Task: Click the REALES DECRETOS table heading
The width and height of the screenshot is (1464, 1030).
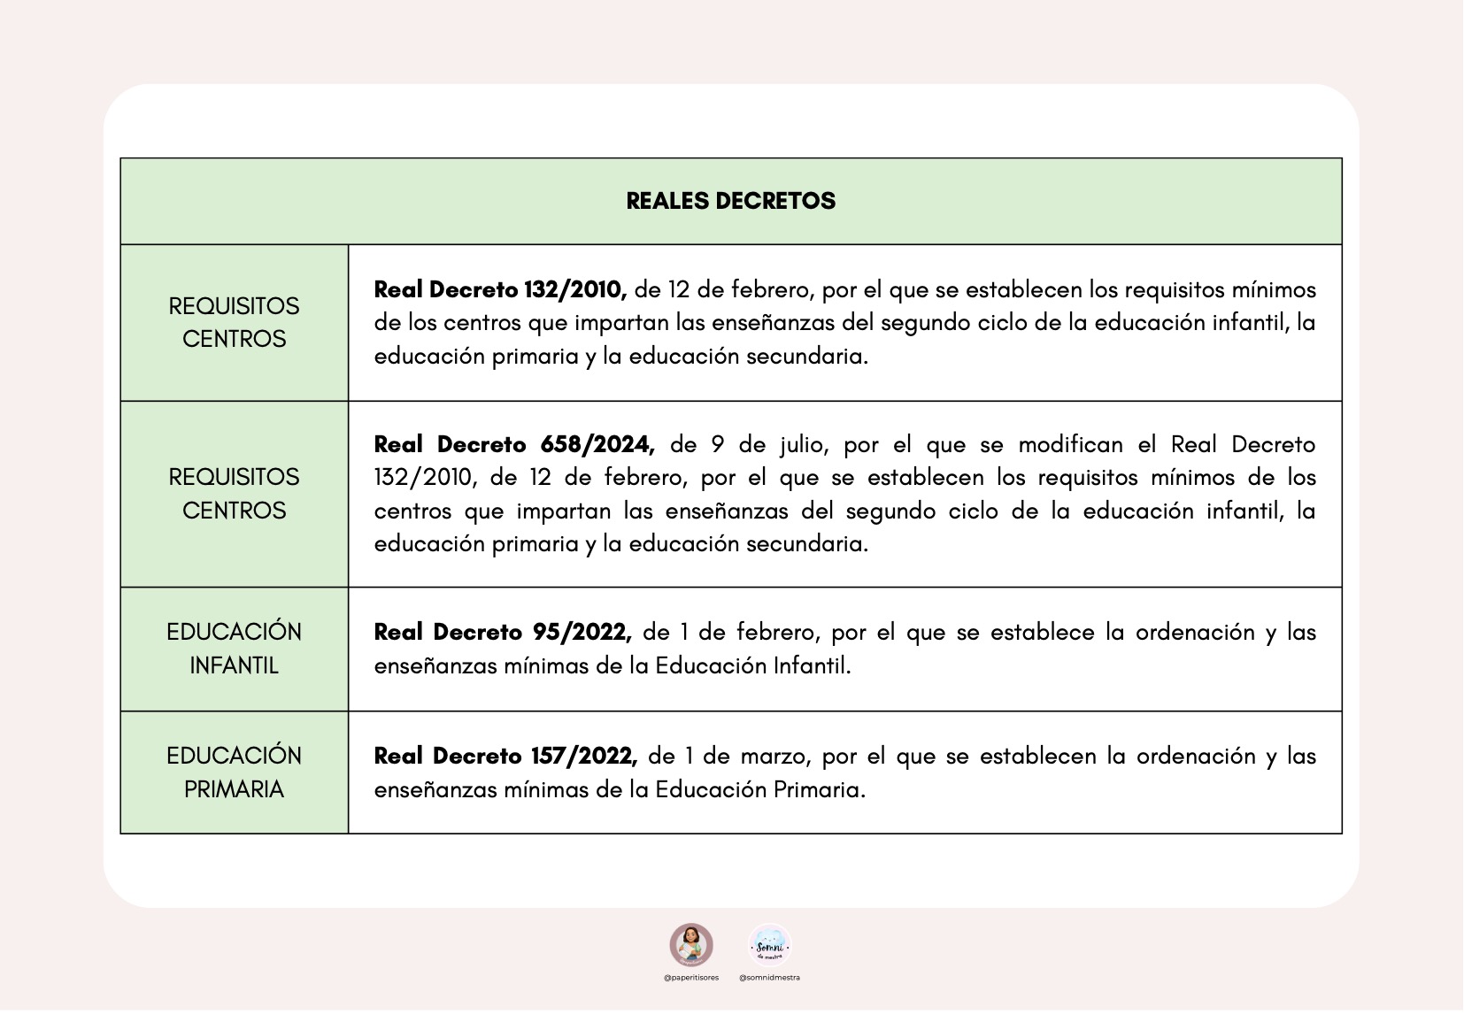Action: click(730, 201)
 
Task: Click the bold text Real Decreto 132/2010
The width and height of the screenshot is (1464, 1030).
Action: click(500, 289)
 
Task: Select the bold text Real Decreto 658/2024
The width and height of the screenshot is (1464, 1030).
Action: click(514, 444)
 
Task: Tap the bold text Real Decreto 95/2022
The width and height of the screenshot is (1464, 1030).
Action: click(502, 632)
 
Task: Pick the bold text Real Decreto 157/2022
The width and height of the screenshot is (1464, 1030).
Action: click(505, 756)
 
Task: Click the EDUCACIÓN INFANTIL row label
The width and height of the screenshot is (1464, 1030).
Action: click(234, 648)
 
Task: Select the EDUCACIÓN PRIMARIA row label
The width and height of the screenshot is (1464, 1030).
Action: click(234, 772)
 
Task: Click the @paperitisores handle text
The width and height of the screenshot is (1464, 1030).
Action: click(691, 978)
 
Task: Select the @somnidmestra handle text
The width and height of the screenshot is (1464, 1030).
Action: click(769, 978)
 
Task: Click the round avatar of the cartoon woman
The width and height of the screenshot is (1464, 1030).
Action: click(691, 944)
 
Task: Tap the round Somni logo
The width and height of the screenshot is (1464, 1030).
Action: click(769, 945)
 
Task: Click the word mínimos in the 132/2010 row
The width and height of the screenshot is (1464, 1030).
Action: click(1274, 289)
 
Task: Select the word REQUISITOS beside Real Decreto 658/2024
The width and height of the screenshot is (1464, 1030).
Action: click(234, 477)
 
